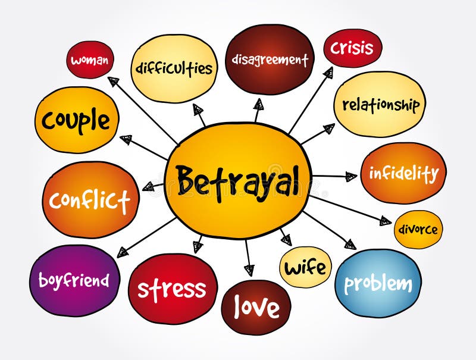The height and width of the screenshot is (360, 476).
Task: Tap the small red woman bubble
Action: point(89,60)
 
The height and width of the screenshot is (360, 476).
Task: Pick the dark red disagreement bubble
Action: point(270,60)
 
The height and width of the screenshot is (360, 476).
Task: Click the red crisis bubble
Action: point(352,48)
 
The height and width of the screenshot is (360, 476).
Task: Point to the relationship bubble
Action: point(380,105)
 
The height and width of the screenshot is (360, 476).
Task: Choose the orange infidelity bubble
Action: point(403,173)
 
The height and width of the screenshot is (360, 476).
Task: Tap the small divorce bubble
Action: point(418,230)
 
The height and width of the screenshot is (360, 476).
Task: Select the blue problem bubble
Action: point(378,283)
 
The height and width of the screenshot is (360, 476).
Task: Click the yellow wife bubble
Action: point(305,267)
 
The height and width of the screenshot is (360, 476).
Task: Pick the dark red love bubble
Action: point(256,306)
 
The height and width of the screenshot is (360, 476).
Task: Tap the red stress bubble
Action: point(172,289)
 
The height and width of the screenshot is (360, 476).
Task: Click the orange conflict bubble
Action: point(90,200)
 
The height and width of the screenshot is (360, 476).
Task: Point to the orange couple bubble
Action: point(76,121)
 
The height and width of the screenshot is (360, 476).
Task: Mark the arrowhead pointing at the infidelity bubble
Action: point(351,176)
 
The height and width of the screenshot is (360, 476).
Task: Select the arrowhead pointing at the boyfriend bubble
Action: point(123,252)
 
